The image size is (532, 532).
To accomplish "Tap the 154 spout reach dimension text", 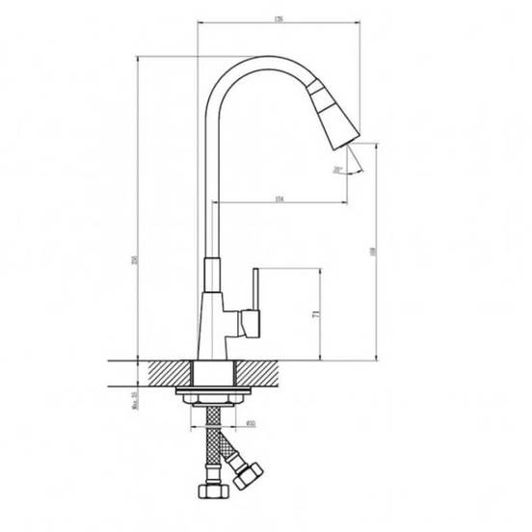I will (279, 199).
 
